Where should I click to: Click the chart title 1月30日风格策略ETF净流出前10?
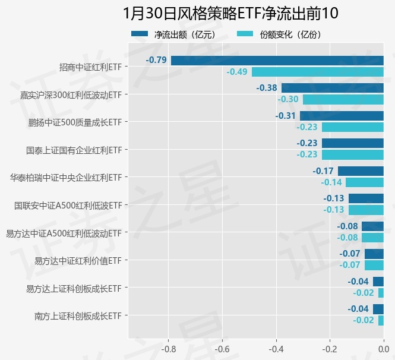(x=230, y=13)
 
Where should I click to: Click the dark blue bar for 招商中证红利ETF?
(x=277, y=61)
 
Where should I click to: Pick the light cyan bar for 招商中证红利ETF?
(x=317, y=72)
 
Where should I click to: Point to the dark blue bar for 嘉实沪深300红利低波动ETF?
(x=332, y=88)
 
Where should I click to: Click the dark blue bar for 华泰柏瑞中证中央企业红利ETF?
(x=361, y=171)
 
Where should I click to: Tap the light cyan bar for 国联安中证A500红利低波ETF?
(x=366, y=210)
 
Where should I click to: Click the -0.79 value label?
(x=156, y=61)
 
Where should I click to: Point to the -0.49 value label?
(x=237, y=72)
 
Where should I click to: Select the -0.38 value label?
(x=267, y=88)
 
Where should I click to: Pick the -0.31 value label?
(x=286, y=116)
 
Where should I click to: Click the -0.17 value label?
(x=323, y=171)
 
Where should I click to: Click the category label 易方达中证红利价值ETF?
(x=78, y=261)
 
